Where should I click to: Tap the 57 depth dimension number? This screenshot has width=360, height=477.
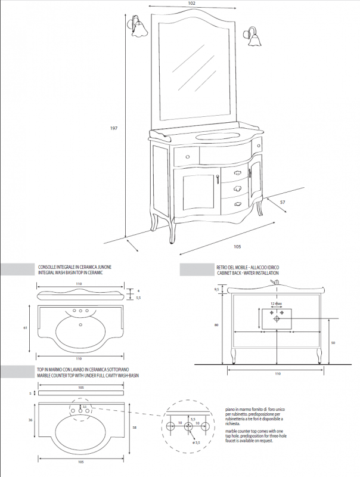point(283,203)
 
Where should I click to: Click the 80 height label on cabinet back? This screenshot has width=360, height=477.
point(217,325)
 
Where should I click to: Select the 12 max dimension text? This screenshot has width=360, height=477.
point(276,303)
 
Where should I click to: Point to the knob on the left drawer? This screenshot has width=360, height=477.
point(187,157)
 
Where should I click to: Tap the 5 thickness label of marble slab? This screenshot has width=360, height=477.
point(30,394)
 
